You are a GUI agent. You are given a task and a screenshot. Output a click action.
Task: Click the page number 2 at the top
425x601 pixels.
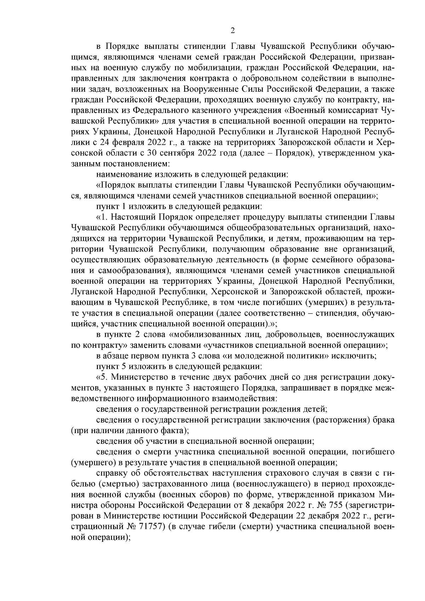click(232, 30)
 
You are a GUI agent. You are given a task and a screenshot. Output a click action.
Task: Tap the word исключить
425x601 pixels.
click(355, 355)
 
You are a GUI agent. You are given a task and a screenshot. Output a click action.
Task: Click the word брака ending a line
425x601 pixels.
click(384, 420)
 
